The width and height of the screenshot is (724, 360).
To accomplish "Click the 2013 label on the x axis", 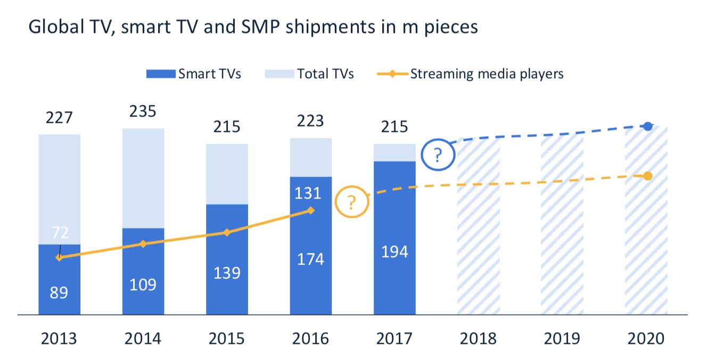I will click(x=59, y=339).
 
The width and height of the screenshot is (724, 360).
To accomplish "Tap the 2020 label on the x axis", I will click(x=646, y=339).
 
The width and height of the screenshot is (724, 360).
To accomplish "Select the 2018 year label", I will click(x=478, y=339).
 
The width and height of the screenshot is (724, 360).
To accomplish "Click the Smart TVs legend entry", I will click(x=194, y=73).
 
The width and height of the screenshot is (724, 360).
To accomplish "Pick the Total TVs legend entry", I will click(x=309, y=73).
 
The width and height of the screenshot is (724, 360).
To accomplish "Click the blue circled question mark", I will click(x=438, y=156).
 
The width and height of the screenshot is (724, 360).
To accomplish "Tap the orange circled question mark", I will click(x=352, y=202).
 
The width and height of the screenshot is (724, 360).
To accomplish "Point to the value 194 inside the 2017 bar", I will click(x=394, y=251).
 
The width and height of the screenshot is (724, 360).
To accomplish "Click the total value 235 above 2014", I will click(x=143, y=111).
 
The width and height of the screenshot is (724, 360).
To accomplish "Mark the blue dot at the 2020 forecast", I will click(x=647, y=126).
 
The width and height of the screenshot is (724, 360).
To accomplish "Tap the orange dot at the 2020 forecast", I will click(x=647, y=176).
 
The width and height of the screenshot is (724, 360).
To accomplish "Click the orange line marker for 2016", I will click(x=311, y=211).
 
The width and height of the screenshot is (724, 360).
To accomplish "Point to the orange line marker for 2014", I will click(x=143, y=244).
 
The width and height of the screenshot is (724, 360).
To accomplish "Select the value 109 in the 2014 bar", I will click(x=143, y=284).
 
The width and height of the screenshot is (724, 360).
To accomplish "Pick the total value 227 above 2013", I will click(x=59, y=117).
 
